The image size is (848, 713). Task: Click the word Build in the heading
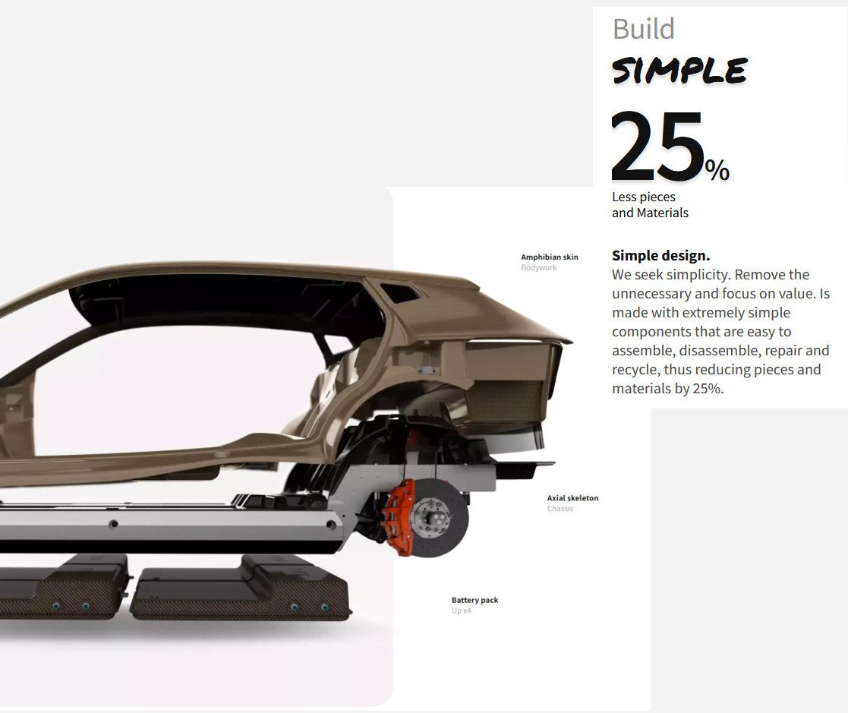click(644, 29)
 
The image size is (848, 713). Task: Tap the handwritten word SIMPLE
click(679, 71)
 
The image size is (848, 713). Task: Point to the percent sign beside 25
click(717, 170)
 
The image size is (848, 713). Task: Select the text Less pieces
click(644, 197)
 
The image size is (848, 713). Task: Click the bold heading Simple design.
click(661, 255)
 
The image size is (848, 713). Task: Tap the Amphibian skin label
click(550, 257)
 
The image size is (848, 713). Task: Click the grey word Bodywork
click(539, 268)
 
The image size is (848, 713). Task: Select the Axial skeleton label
click(572, 497)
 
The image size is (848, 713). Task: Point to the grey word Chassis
click(560, 509)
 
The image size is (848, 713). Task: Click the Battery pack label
click(474, 600)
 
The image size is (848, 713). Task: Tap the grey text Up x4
click(462, 610)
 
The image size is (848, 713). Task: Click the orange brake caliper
click(399, 516)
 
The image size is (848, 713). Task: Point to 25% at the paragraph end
click(708, 389)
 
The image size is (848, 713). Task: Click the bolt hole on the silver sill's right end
click(331, 525)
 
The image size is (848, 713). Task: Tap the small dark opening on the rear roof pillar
click(399, 292)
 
